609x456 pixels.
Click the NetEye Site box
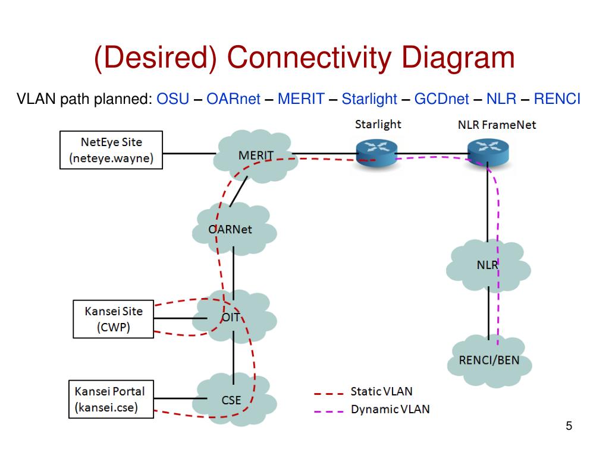click(x=111, y=150)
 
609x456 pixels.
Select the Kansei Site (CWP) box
click(x=114, y=319)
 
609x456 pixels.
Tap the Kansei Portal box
click(x=111, y=399)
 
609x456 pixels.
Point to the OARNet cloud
click(x=234, y=229)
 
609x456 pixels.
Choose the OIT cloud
click(x=234, y=317)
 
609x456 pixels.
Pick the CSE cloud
click(x=234, y=400)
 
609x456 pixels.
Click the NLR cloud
click(x=488, y=265)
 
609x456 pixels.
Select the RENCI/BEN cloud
click(x=489, y=361)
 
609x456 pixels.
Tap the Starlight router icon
click(x=376, y=153)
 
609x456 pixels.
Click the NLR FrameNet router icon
click(x=488, y=153)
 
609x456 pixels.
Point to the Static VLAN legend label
click(x=381, y=391)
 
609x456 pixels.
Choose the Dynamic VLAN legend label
click(x=390, y=409)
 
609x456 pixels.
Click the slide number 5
click(x=569, y=426)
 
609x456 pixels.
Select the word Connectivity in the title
click(x=309, y=58)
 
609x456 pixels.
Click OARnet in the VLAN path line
click(x=233, y=99)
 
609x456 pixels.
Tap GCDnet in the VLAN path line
click(x=442, y=99)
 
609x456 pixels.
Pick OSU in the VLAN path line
click(x=173, y=99)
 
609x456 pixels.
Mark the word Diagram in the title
click(x=458, y=58)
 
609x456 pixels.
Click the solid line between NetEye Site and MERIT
click(x=189, y=154)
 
